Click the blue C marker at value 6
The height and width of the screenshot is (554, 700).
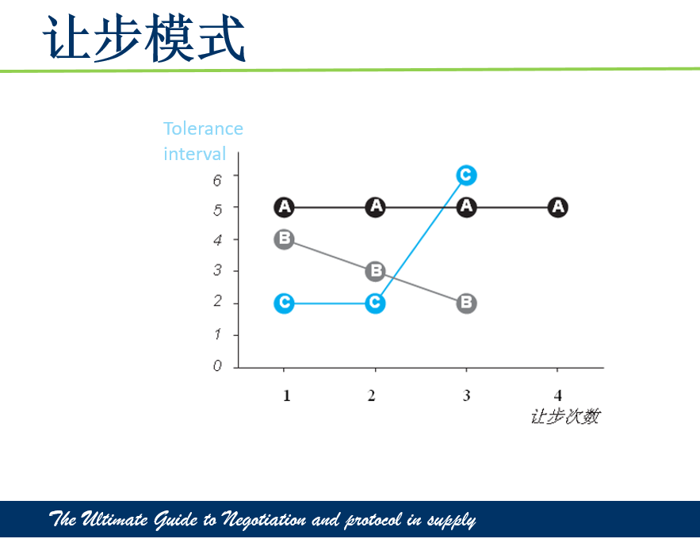[466, 175]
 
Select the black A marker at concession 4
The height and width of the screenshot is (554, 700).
[557, 207]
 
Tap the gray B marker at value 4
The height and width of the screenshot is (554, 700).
[284, 239]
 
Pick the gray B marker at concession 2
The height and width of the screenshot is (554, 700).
[376, 271]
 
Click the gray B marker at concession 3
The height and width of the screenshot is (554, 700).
[466, 303]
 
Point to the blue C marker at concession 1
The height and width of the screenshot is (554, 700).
[284, 303]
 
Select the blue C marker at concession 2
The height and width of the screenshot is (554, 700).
[376, 303]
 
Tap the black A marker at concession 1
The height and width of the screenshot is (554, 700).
[284, 207]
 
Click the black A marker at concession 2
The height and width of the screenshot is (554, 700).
[376, 207]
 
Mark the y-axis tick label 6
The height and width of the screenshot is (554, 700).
[217, 181]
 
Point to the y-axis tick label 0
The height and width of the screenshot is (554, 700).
[217, 365]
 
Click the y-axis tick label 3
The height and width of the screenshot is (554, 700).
[217, 270]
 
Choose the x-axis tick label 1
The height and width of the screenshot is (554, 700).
[287, 395]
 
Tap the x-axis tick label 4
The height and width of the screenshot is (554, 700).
[557, 395]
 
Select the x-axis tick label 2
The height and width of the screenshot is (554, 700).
[372, 395]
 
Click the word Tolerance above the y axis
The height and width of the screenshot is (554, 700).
[203, 128]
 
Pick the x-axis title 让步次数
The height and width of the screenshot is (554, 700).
[565, 417]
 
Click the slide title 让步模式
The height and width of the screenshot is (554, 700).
[143, 38]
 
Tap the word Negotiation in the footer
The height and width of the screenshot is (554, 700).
[264, 520]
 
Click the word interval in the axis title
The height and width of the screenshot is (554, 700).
[195, 154]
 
